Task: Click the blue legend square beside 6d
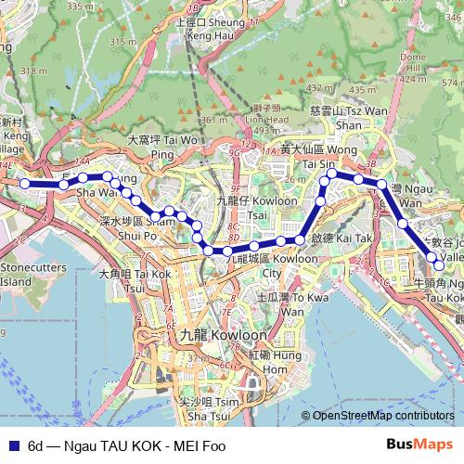pyautogui.click(x=12, y=445)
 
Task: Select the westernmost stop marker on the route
pyautogui.click(x=25, y=184)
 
